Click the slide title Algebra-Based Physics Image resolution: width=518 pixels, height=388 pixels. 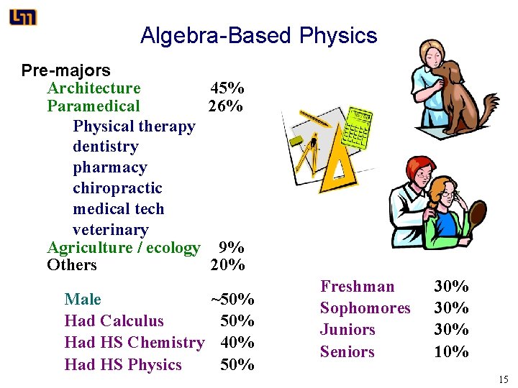click(258, 35)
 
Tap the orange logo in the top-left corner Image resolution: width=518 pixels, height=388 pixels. click(23, 17)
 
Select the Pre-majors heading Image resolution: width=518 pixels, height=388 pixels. click(65, 70)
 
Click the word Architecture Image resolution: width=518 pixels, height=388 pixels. click(94, 88)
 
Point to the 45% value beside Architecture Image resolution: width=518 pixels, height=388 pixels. click(227, 88)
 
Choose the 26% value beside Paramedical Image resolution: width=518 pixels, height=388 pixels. click(225, 106)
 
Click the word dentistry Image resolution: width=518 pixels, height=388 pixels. click(105, 147)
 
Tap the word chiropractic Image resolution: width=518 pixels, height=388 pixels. click(117, 188)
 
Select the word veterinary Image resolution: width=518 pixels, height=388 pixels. click(110, 230)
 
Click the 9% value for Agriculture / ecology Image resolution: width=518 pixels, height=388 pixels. click(231, 248)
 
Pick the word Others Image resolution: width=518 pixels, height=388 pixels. click(71, 265)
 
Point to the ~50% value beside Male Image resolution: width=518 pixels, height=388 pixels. click(232, 299)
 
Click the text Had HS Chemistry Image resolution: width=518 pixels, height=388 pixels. click(134, 343)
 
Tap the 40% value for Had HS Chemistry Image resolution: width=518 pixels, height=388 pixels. click(237, 343)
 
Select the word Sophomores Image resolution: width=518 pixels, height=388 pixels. click(365, 308)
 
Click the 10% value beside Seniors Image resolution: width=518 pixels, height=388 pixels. click(451, 352)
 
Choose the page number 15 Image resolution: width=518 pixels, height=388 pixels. click(503, 379)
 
